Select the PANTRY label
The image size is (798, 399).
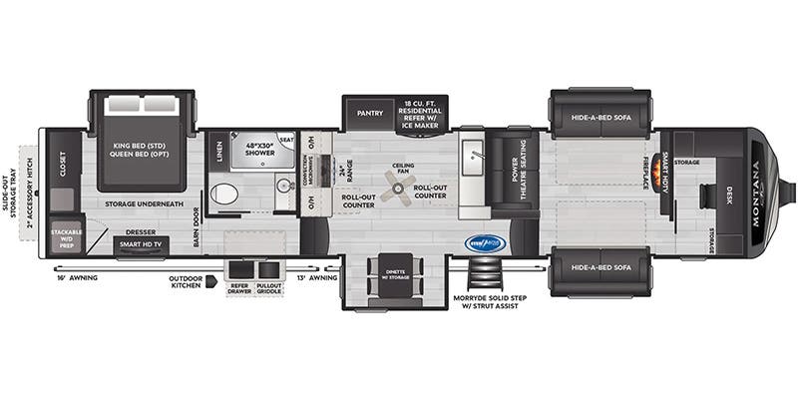371,113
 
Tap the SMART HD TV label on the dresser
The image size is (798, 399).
141,243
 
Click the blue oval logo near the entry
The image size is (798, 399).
487,242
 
